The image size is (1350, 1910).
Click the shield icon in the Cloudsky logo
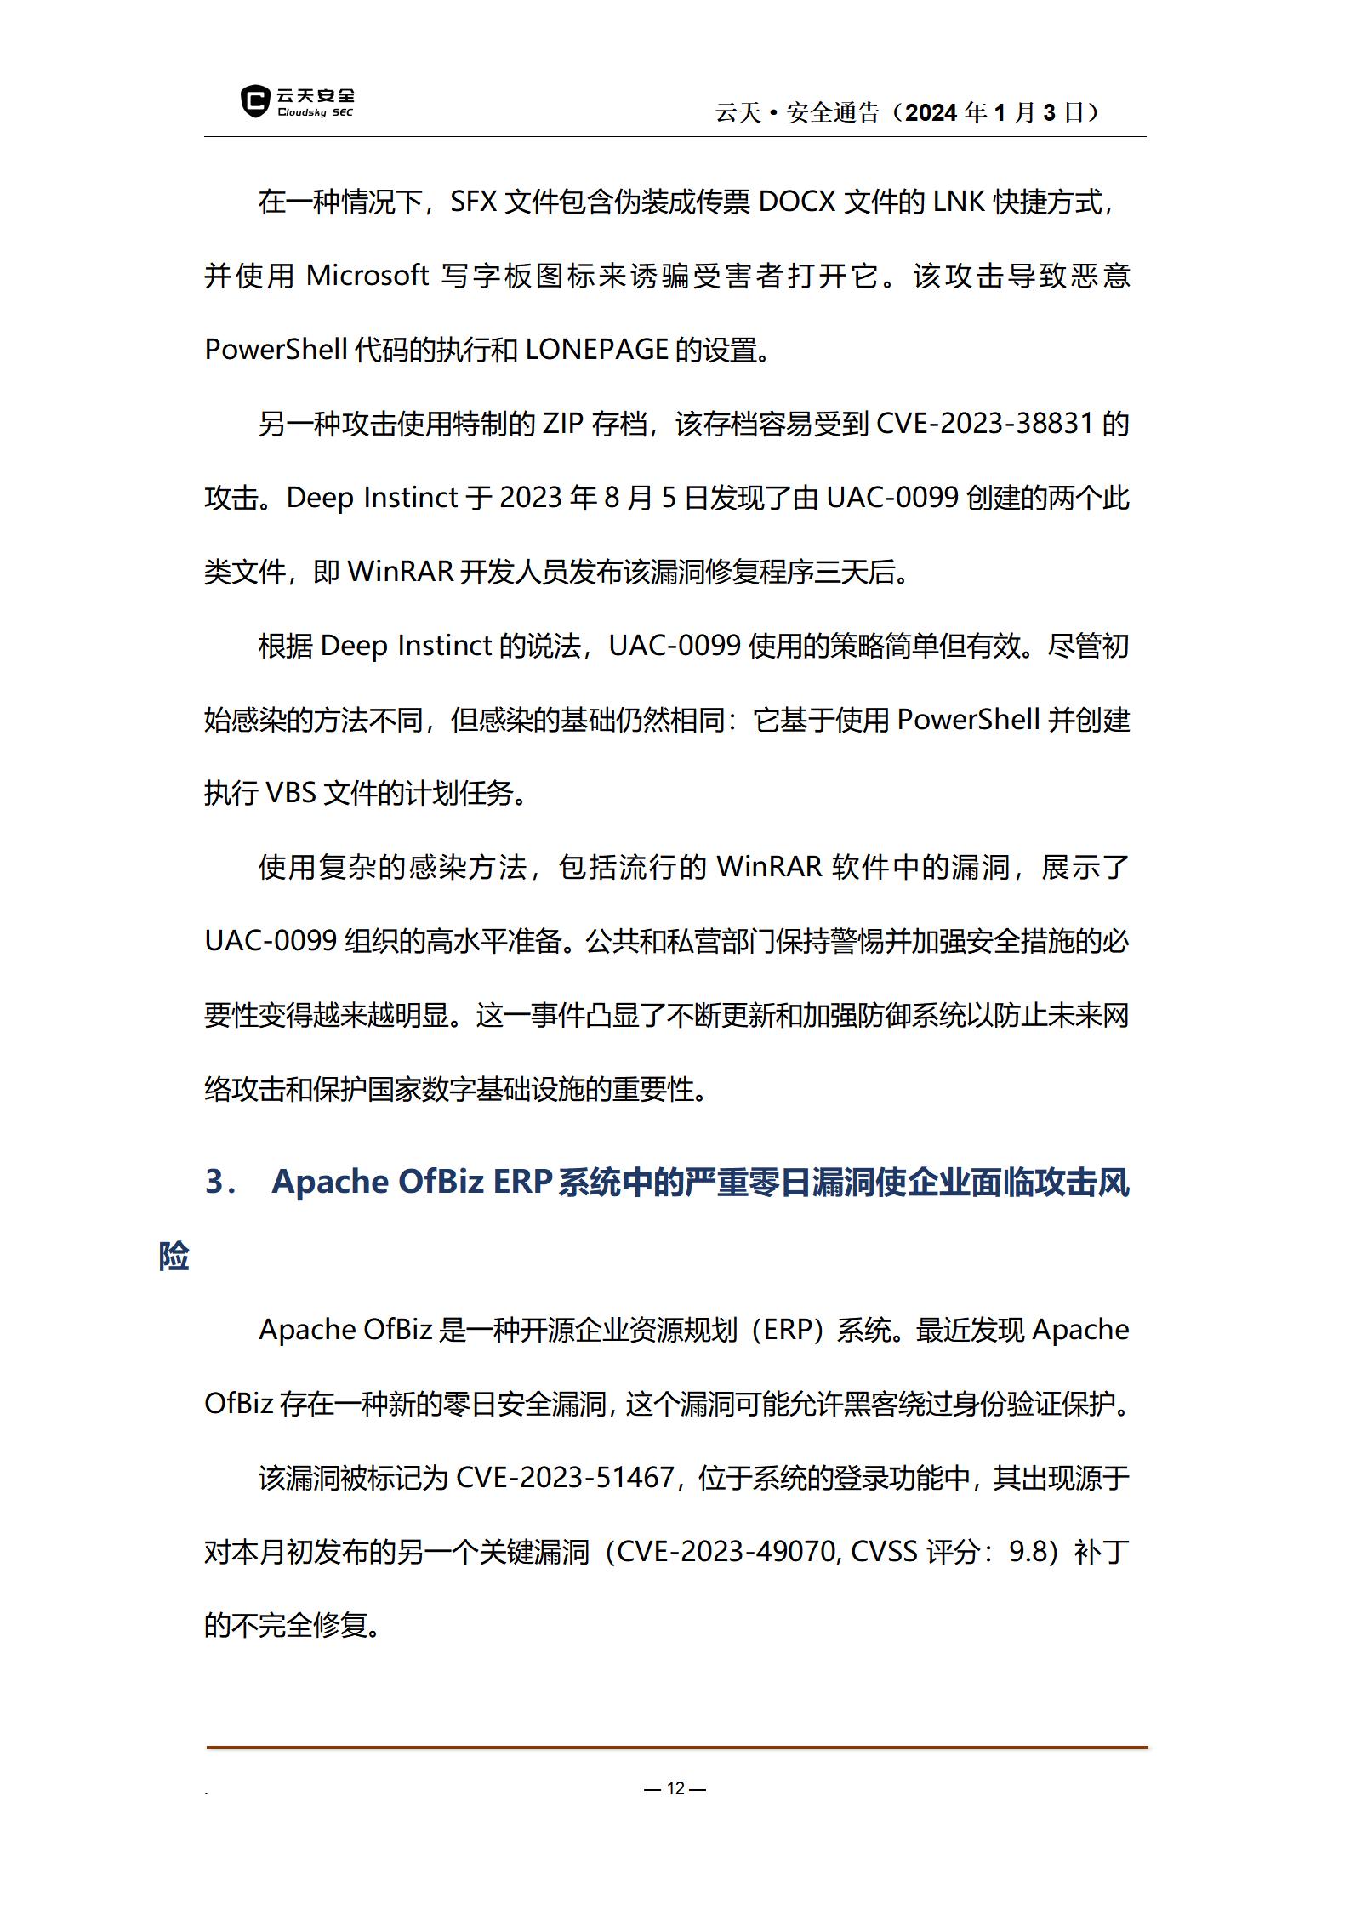click(254, 101)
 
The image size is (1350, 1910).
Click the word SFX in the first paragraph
click(473, 202)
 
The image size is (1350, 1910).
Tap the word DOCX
click(796, 202)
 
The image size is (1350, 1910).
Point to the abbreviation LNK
click(959, 202)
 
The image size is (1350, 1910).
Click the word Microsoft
click(367, 276)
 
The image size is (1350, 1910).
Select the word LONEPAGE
click(596, 350)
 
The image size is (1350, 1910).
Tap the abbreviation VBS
click(291, 794)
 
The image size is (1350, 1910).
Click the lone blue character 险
click(174, 1256)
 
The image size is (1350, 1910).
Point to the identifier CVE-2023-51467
click(566, 1478)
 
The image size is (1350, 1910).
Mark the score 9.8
click(1028, 1552)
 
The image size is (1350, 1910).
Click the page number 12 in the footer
click(675, 1788)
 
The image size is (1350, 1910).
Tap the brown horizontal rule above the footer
click(676, 1748)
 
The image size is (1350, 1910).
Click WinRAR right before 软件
click(769, 868)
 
